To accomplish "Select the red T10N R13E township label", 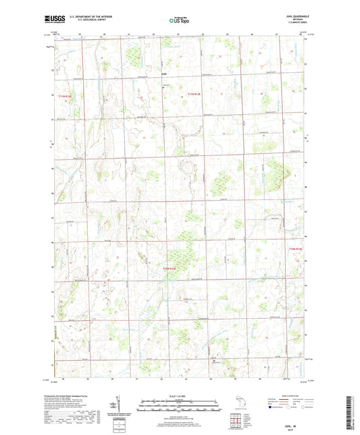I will click(x=174, y=269).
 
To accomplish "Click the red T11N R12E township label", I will click(x=65, y=97).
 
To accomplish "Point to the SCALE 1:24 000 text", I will click(x=180, y=395).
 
